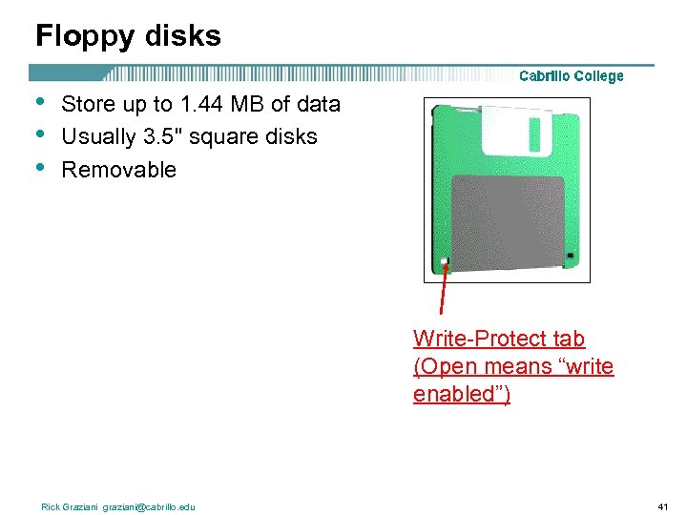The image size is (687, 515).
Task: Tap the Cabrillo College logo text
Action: click(x=571, y=76)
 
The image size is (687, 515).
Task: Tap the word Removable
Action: click(x=118, y=171)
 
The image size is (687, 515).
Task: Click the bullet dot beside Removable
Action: click(x=39, y=169)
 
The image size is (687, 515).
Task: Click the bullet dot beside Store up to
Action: click(x=39, y=102)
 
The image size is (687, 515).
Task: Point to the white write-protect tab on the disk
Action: click(x=445, y=261)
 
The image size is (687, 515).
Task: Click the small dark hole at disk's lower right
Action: click(x=570, y=256)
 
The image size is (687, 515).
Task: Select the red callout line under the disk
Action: click(x=443, y=291)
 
